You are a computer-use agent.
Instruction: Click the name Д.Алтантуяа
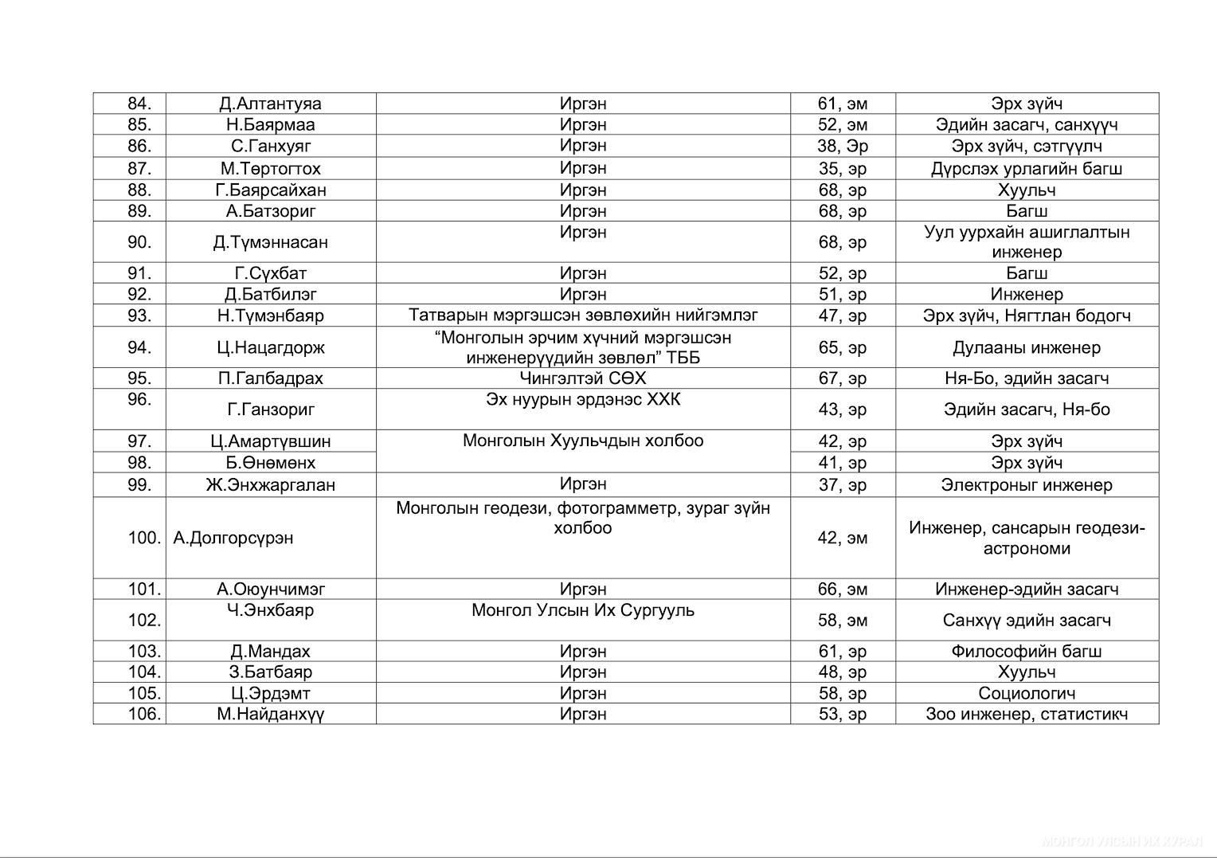tap(270, 104)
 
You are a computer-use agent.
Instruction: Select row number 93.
tap(139, 315)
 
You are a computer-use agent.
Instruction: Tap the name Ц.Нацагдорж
tap(270, 347)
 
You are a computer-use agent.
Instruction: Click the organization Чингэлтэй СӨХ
tap(582, 378)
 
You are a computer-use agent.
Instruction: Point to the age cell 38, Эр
tap(842, 146)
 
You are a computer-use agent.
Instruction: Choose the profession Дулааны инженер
tap(1026, 347)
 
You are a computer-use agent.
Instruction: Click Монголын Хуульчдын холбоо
tap(582, 441)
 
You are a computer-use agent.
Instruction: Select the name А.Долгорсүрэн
tap(233, 538)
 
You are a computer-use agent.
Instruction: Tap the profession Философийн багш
tap(1026, 651)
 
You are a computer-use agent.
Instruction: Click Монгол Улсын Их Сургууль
tap(582, 610)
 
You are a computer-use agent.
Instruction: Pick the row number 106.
tap(144, 714)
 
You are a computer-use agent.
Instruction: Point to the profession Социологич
tap(1026, 693)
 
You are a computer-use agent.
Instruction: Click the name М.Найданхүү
tap(270, 714)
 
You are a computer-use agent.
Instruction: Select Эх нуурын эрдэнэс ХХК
tap(582, 399)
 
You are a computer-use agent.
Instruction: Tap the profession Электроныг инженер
tap(1026, 484)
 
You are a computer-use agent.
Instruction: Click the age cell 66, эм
tap(842, 589)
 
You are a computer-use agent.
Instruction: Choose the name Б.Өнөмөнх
tap(270, 463)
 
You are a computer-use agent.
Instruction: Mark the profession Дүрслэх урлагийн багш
tap(1026, 168)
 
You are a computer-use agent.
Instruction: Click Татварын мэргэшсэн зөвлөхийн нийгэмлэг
tap(582, 315)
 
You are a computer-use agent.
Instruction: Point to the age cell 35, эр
tap(842, 168)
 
